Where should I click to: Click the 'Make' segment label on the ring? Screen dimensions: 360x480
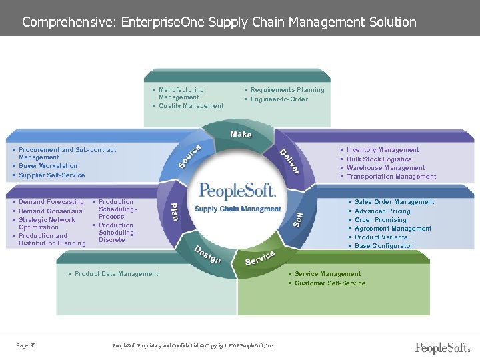pyautogui.click(x=241, y=134)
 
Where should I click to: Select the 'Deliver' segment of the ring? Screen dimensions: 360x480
pyautogui.click(x=289, y=161)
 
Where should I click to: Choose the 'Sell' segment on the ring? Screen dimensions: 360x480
pyautogui.click(x=299, y=218)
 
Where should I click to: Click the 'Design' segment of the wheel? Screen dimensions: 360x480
pyautogui.click(x=207, y=255)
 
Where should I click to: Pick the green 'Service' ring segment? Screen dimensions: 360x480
pyautogui.click(x=260, y=257)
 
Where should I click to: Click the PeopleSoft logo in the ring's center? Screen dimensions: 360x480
pyautogui.click(x=237, y=191)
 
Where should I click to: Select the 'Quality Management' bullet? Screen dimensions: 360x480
pyautogui.click(x=191, y=106)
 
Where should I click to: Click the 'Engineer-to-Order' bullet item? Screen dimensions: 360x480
pyautogui.click(x=279, y=99)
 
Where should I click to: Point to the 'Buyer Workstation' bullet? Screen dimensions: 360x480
pyautogui.click(x=48, y=166)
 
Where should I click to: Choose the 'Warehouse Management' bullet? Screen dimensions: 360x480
pyautogui.click(x=385, y=168)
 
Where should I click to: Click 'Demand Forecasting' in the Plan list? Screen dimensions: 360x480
pyautogui.click(x=51, y=202)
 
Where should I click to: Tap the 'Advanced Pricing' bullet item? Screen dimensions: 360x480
pyautogui.click(x=383, y=211)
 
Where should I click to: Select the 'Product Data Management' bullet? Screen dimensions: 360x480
pyautogui.click(x=117, y=274)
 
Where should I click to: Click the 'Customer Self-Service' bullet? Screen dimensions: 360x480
pyautogui.click(x=330, y=283)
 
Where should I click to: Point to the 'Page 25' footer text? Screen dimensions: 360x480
pyautogui.click(x=26, y=345)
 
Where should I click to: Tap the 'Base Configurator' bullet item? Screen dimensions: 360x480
pyautogui.click(x=384, y=246)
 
